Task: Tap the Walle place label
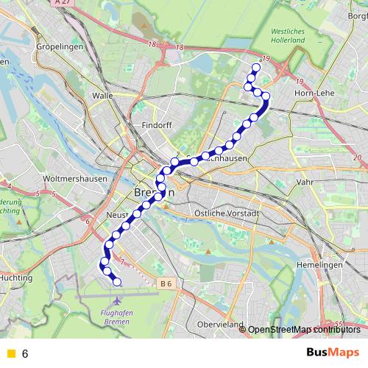[x=102, y=96]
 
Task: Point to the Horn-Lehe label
[x=314, y=93]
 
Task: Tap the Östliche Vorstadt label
[x=227, y=213]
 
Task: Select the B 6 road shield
[x=166, y=283]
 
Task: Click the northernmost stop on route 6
[x=256, y=68]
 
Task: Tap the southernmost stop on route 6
[x=116, y=281]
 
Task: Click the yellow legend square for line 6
[x=10, y=353]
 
